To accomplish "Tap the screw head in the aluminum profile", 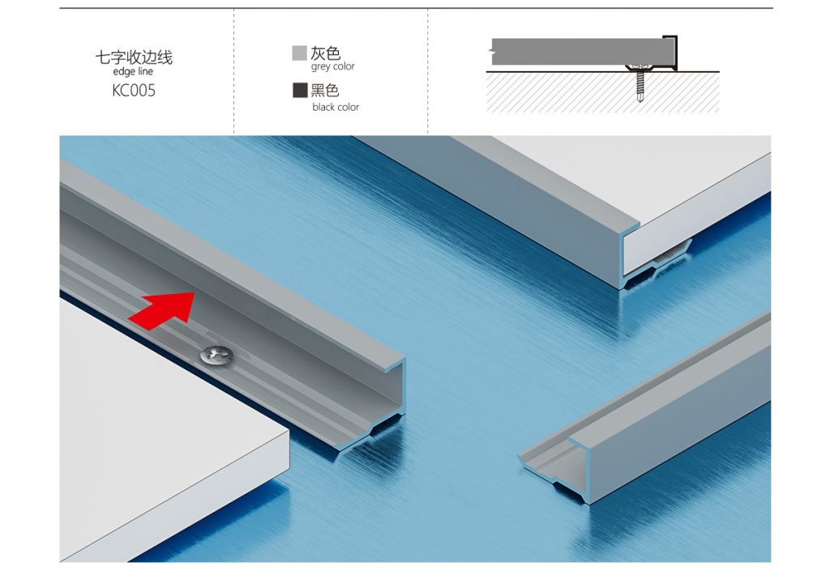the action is [x=216, y=354].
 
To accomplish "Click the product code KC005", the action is [x=134, y=91].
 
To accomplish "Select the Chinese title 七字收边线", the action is [x=134, y=57].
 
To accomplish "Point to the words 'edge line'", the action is [x=133, y=71].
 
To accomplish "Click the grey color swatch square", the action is [x=300, y=53].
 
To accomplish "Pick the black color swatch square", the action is [x=300, y=90].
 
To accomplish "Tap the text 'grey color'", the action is [x=333, y=66].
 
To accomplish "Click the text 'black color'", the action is [x=336, y=107].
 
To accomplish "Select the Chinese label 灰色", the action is [x=325, y=53].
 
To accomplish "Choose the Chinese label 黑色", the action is [x=325, y=90].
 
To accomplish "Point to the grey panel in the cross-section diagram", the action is [x=578, y=52].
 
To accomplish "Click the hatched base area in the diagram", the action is [x=602, y=92].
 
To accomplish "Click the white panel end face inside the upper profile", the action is [x=657, y=252].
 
